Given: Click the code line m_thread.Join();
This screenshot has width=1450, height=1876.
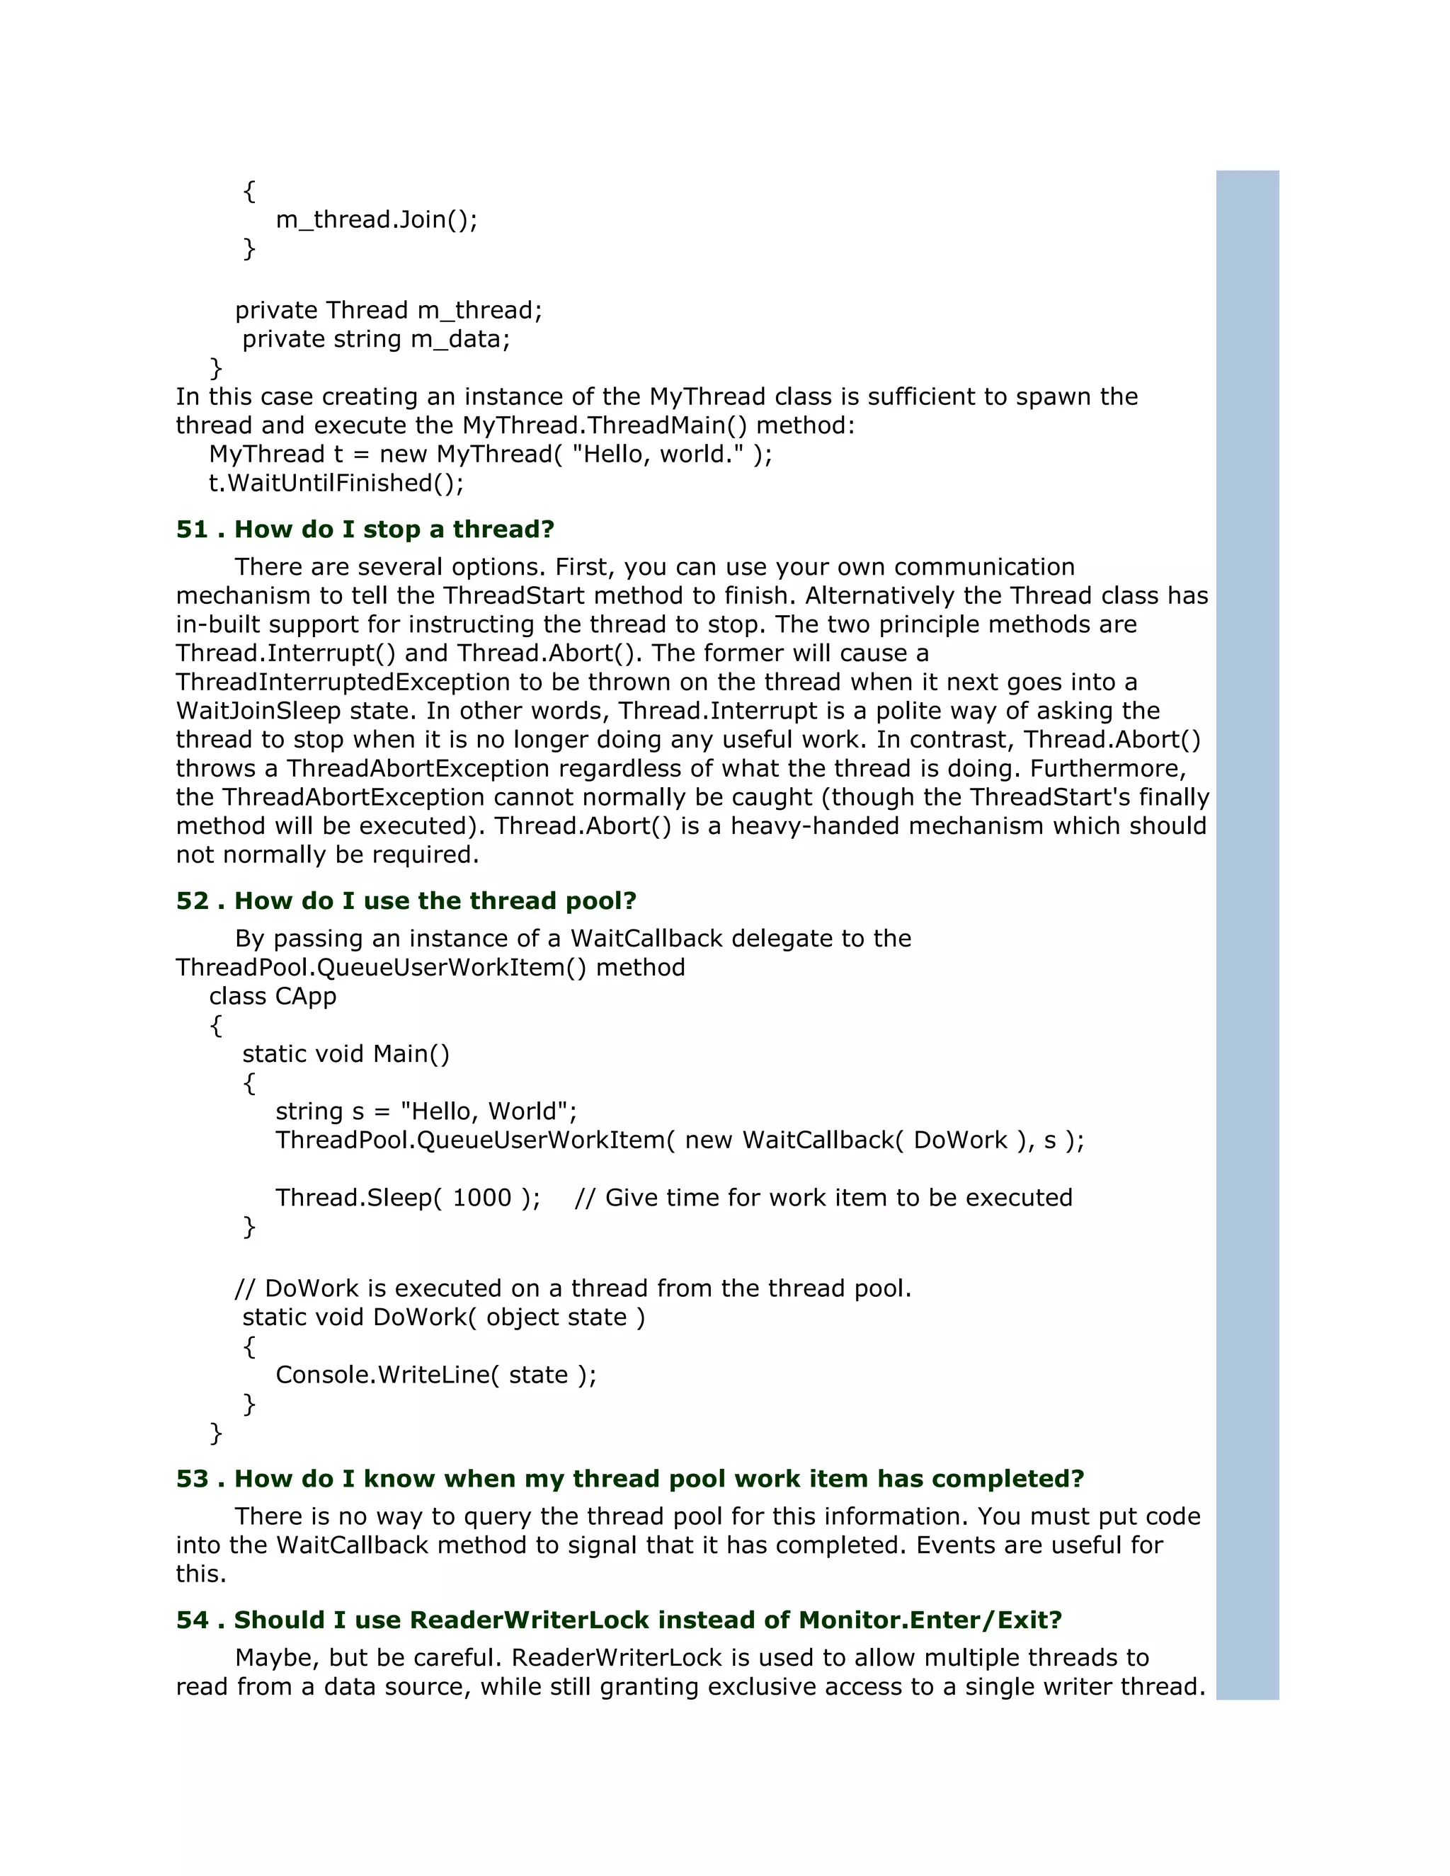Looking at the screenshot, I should click(x=376, y=220).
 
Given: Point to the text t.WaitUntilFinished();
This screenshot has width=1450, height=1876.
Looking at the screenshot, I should click(x=336, y=484).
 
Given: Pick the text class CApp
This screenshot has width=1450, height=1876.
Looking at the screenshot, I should click(x=273, y=997).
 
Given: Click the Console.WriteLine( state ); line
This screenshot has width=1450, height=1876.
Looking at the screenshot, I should click(x=435, y=1375).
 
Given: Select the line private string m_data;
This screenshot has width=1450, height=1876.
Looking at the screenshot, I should click(x=375, y=339).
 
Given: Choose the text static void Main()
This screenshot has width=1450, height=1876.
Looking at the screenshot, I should click(x=346, y=1054).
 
